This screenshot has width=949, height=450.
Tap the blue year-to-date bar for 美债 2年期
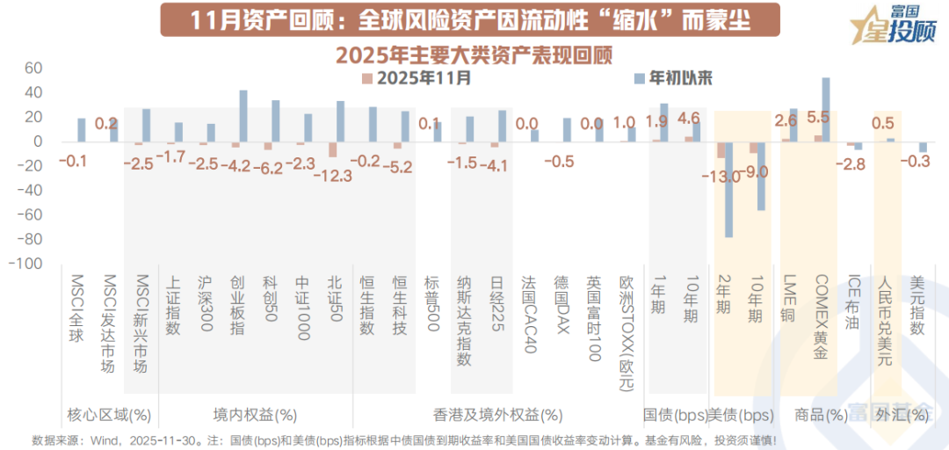728,189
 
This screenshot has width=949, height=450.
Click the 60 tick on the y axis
33,69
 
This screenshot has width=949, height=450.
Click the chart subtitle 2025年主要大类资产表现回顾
474,54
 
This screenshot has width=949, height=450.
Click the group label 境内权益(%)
255,414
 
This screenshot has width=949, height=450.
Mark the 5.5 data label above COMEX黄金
817,117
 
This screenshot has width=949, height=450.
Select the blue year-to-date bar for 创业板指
243,116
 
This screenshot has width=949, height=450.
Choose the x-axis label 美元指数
917,303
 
